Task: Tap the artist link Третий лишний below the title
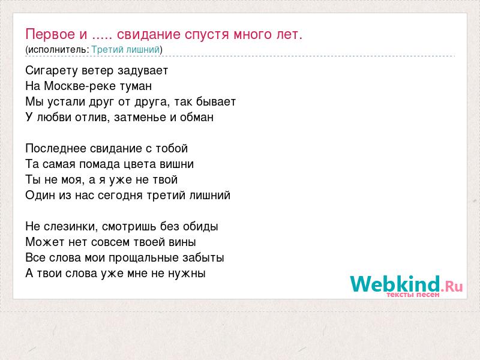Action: [x=125, y=49]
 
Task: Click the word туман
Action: [x=136, y=86]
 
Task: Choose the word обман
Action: [x=197, y=117]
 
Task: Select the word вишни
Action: [x=177, y=164]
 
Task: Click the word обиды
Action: [x=200, y=227]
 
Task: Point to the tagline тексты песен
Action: [x=413, y=295]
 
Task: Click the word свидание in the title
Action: [x=149, y=34]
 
